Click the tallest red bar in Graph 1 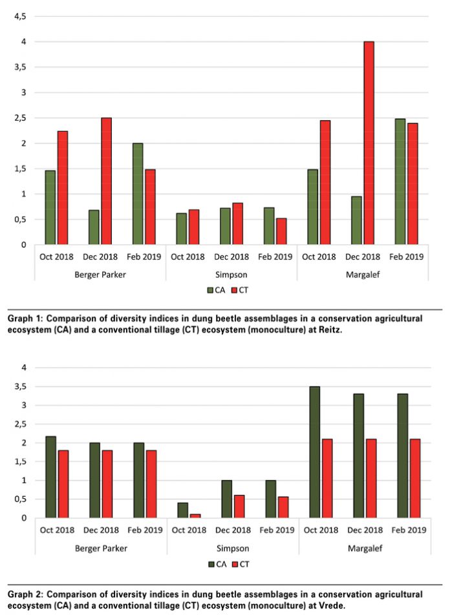point(369,143)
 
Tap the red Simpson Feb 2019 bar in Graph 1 point(280,231)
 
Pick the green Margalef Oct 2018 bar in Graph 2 point(314,452)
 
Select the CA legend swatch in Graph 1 point(210,290)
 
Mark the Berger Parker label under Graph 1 point(100,274)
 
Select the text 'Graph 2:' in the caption point(24,594)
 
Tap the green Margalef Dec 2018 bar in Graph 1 point(356,220)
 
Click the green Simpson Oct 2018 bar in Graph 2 point(183,509)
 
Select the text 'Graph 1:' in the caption point(24,318)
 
